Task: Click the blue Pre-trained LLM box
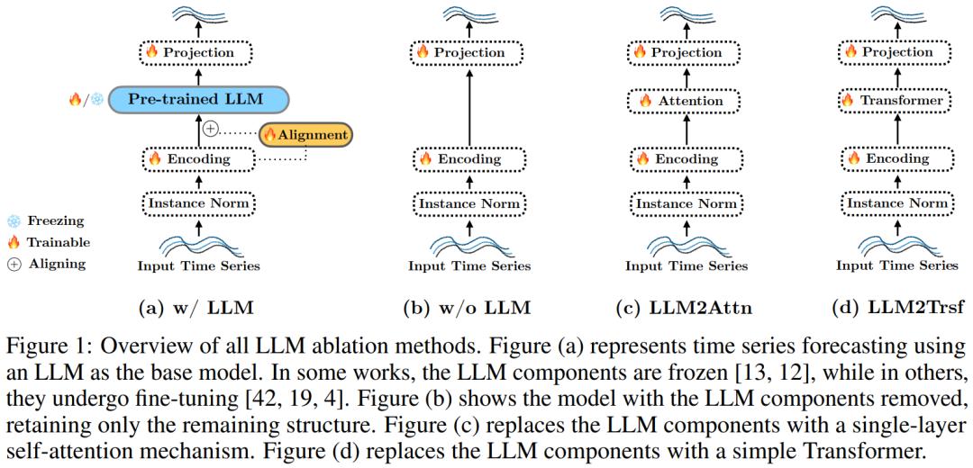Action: [196, 98]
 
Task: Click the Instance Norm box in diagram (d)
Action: [896, 204]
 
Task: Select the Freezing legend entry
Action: [49, 220]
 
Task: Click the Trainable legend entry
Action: [49, 242]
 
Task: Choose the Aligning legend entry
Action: [47, 264]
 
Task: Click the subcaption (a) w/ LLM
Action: [196, 309]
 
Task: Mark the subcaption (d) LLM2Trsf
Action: [896, 309]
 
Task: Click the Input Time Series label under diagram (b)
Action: [468, 265]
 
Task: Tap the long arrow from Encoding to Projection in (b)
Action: [469, 105]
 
